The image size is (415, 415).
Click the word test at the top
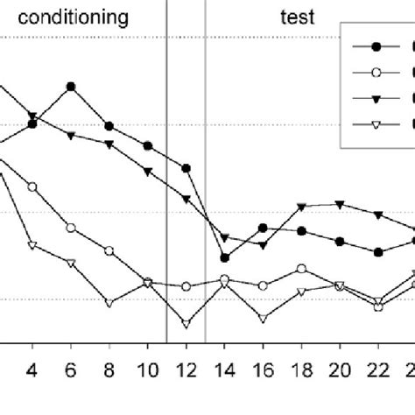pyautogui.click(x=299, y=17)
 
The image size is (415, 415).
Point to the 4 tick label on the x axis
pyautogui.click(x=32, y=369)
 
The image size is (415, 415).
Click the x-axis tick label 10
pyautogui.click(x=148, y=369)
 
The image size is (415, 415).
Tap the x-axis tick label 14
pyautogui.click(x=225, y=369)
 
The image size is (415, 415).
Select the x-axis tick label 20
pyautogui.click(x=340, y=369)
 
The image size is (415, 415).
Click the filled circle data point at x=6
pyautogui.click(x=71, y=87)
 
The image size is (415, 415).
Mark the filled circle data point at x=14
pyautogui.click(x=225, y=257)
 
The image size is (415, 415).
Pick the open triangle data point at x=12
pyautogui.click(x=186, y=324)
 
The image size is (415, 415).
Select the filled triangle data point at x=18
pyautogui.click(x=301, y=207)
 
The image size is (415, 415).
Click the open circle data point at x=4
pyautogui.click(x=32, y=187)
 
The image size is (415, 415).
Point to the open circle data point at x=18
pyautogui.click(x=301, y=269)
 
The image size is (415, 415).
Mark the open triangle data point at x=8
pyautogui.click(x=109, y=303)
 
